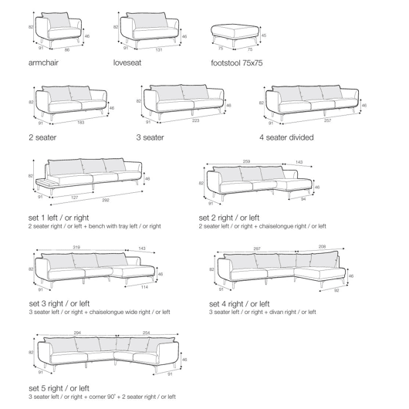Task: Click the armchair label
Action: coord(43,63)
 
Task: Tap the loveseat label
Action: coord(127,63)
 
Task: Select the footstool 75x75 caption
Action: coord(237,63)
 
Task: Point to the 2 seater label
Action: coord(42,137)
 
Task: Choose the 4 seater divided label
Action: coord(286,137)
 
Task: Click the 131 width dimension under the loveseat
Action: coord(159,50)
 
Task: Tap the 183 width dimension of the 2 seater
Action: coord(80,123)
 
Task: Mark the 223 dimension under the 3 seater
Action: coord(196,120)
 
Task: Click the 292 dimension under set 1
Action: coord(106,201)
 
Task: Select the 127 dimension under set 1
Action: coord(75,198)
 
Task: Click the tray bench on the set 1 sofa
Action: coord(46,182)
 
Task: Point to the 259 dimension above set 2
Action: coord(246,161)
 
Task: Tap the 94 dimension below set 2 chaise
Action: coord(303,199)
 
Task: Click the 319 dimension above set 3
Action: coord(76,247)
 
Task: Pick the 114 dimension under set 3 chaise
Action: coord(144,287)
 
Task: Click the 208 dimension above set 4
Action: coord(322,246)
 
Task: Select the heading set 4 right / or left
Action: coord(239,304)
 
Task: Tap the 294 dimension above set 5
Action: coord(77,333)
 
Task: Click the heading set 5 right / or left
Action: coord(59,388)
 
